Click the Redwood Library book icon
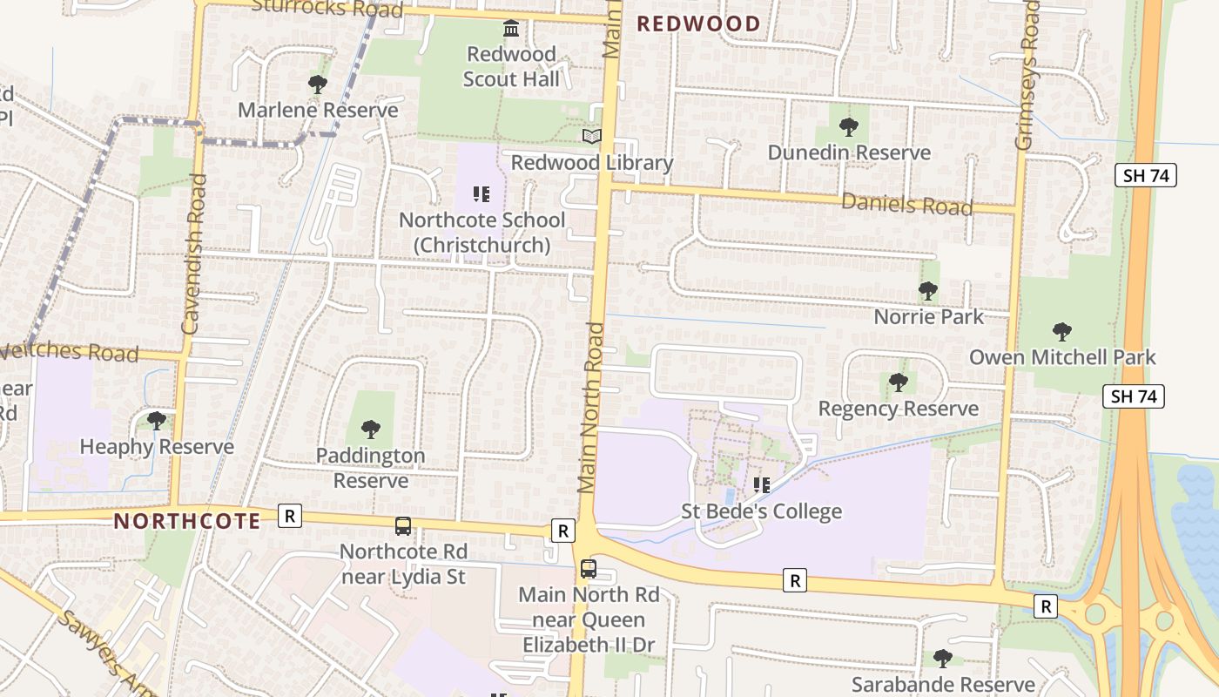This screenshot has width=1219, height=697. [592, 136]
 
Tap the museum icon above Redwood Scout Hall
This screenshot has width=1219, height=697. [511, 29]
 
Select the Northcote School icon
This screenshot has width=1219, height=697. [482, 193]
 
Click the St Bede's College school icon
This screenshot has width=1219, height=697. [762, 484]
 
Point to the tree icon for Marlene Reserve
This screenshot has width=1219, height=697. [318, 85]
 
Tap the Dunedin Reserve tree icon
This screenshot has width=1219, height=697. [849, 127]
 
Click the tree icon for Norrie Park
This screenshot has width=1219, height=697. [928, 290]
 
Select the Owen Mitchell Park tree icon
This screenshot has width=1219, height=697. [1061, 332]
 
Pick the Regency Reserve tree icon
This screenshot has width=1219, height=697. [899, 382]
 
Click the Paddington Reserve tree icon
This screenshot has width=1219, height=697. [371, 430]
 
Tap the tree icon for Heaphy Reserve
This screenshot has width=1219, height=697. [157, 421]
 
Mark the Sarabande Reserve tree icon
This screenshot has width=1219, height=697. [943, 659]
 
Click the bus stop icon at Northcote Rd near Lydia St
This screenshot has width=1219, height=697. [403, 526]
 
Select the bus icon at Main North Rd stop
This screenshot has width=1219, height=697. [589, 569]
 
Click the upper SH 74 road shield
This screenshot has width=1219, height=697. [1145, 175]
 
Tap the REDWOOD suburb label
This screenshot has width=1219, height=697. [698, 24]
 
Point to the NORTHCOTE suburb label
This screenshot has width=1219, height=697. [187, 521]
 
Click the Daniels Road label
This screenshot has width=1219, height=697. [906, 205]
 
